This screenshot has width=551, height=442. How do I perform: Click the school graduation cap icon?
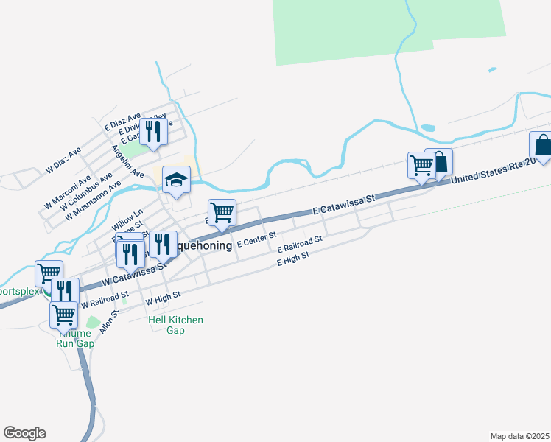176,180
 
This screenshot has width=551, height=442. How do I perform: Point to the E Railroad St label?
300,245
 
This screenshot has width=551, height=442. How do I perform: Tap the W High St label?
163,299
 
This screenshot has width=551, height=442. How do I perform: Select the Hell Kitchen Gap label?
175,325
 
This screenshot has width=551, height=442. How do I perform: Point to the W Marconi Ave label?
67,191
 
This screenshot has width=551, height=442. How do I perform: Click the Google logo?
24,433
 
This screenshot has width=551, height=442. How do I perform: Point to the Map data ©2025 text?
519,435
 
